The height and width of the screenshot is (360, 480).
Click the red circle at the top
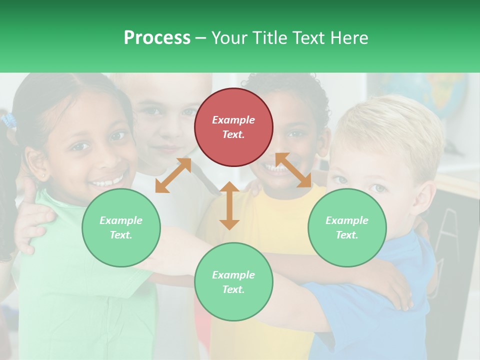tap(233, 127)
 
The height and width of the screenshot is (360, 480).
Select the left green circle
tap(121, 227)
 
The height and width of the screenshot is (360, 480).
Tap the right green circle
tap(347, 227)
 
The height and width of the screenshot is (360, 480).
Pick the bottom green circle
tap(233, 281)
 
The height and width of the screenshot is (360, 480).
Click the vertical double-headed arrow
tap(229, 205)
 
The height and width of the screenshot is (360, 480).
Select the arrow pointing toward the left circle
tap(173, 175)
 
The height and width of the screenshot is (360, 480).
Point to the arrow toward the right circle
tap(293, 170)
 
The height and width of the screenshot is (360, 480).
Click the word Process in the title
tap(157, 37)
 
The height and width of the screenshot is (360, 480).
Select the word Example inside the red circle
tap(233, 120)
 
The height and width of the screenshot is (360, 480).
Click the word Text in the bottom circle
tap(232, 289)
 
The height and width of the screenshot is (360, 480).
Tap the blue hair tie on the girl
tap(8, 120)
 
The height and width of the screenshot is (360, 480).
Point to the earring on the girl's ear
tap(45, 176)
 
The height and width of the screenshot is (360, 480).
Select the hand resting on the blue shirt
tap(395, 290)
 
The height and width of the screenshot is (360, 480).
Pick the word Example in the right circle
tap(347, 220)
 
